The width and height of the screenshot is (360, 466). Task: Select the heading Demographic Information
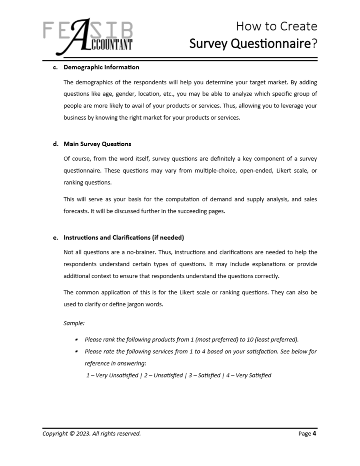pos(101,68)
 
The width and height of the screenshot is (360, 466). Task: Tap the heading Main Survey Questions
pos(97,143)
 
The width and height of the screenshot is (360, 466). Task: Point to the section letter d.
pos(55,143)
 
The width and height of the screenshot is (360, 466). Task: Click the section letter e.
pos(55,237)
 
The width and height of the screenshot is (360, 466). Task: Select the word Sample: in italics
pos(74,323)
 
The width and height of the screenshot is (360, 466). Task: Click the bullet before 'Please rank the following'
pos(75,339)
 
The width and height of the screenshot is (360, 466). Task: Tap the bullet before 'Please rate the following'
pos(75,351)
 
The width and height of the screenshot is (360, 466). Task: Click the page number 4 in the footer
pos(314,434)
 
